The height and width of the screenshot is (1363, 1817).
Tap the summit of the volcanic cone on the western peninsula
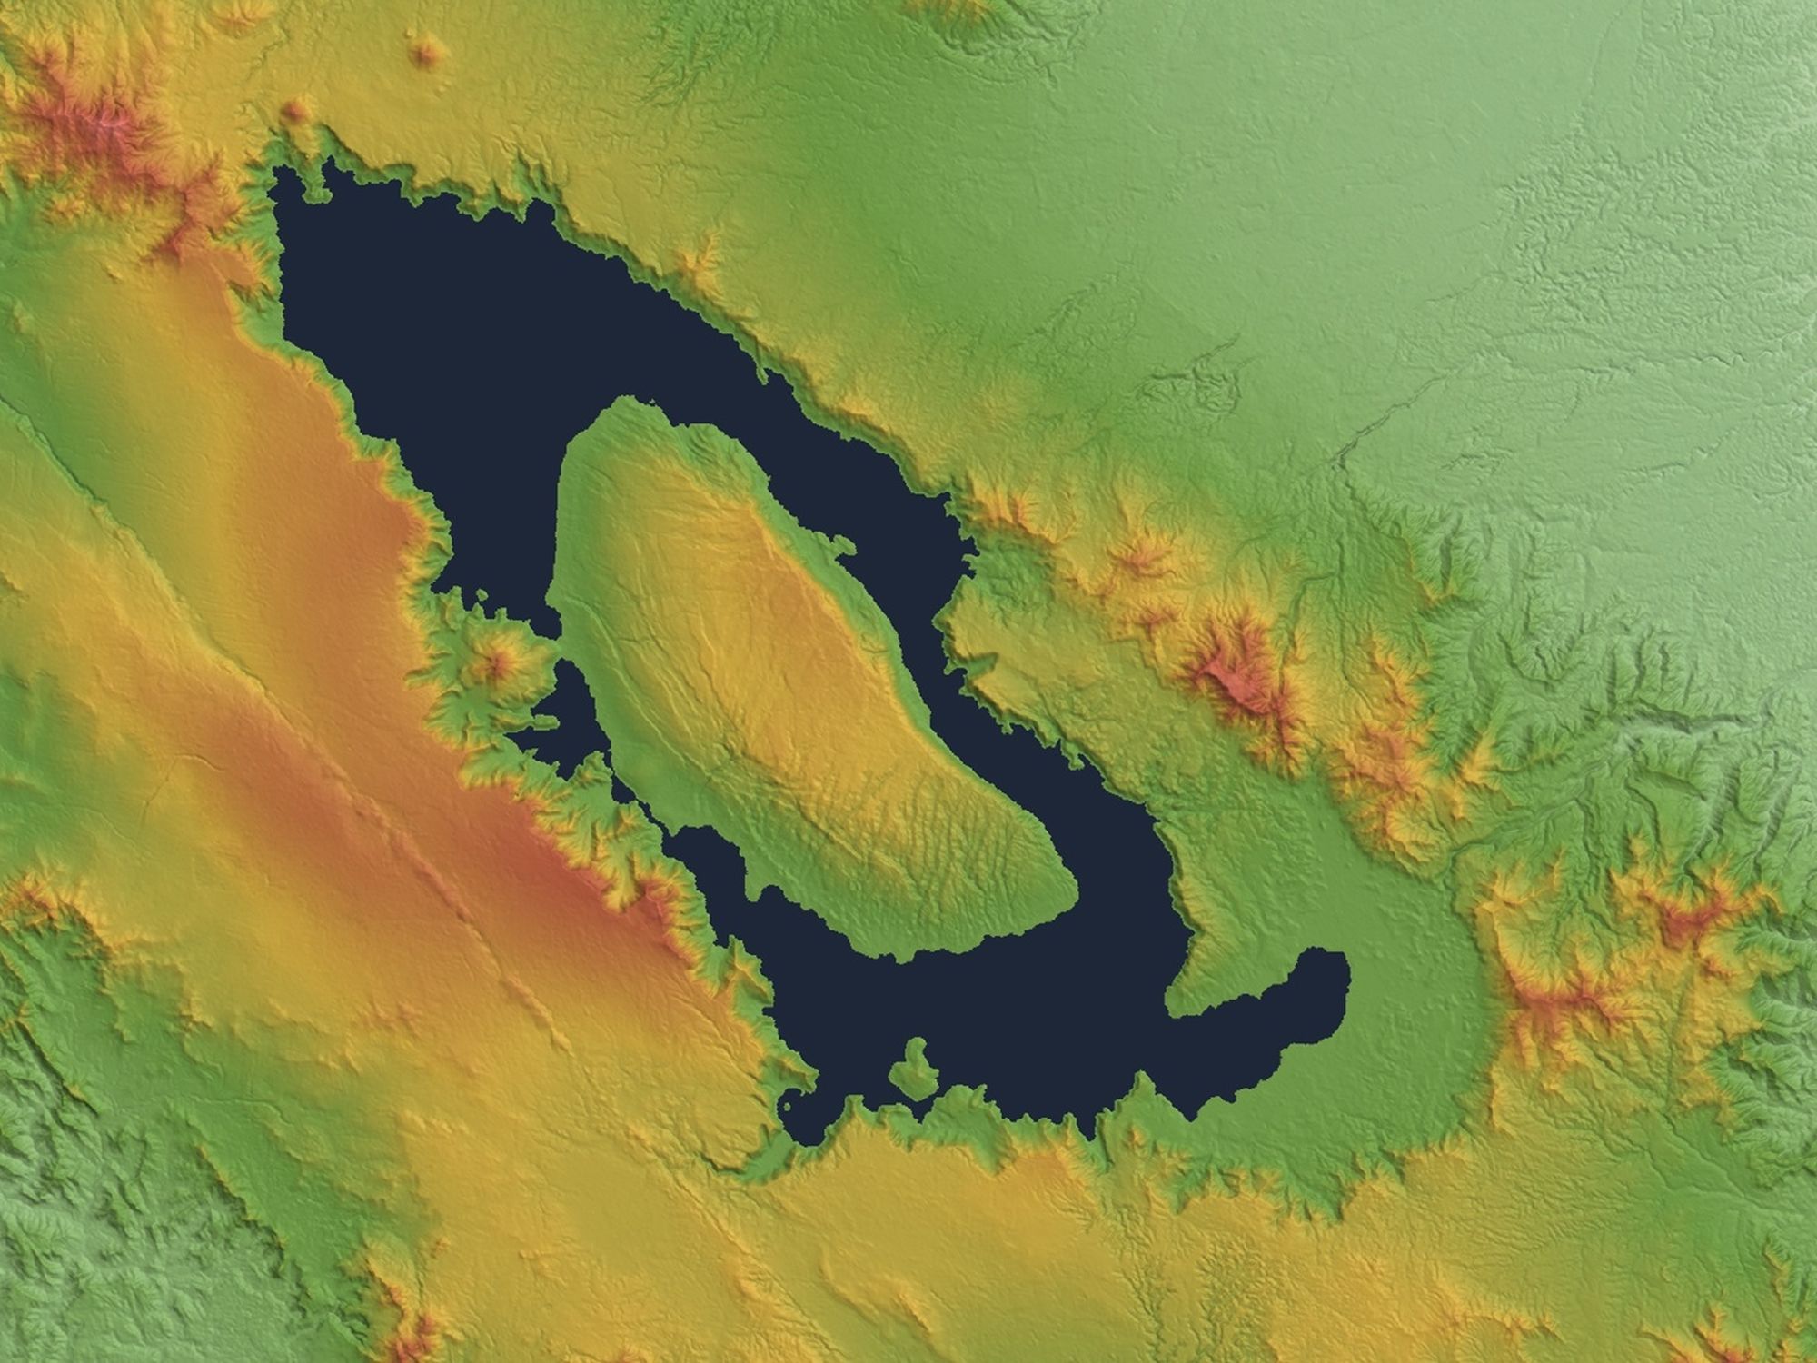[495, 662]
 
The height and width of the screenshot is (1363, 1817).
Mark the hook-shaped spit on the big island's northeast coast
[840, 545]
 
